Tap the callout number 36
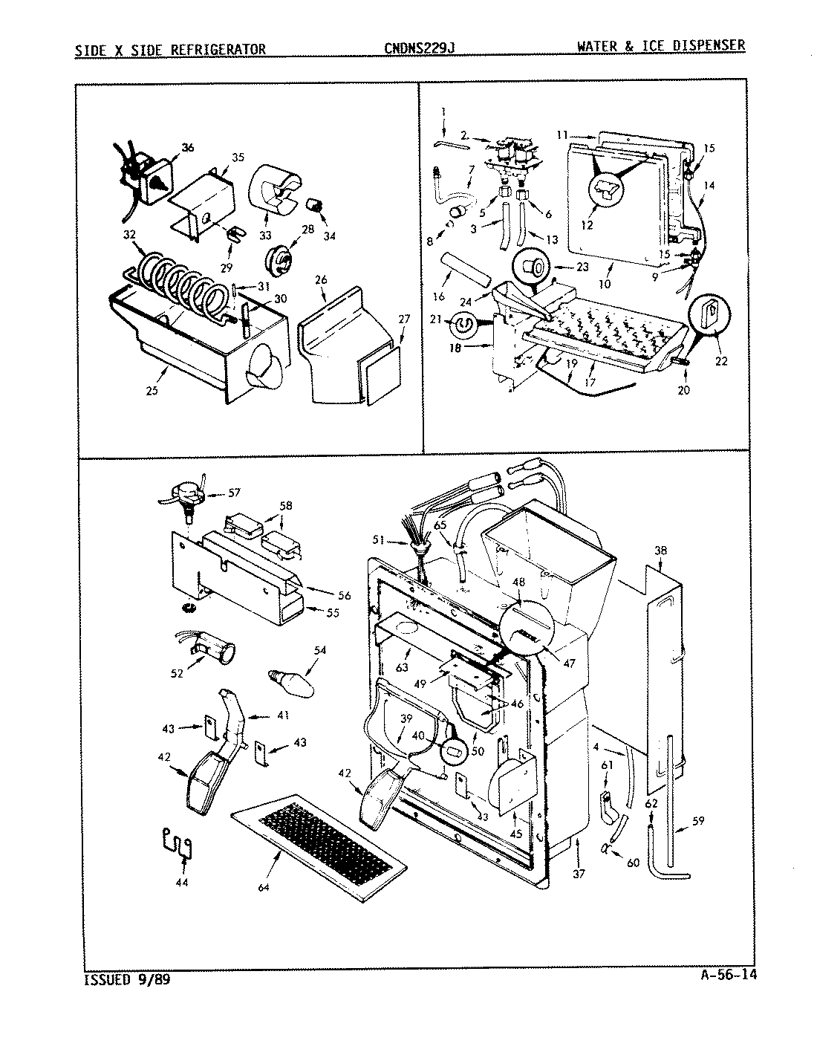point(187,148)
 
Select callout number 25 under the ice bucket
point(152,391)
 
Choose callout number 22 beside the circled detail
point(720,362)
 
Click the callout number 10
point(605,284)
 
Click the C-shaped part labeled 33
point(273,189)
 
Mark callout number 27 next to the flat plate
point(403,319)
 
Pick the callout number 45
point(515,834)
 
